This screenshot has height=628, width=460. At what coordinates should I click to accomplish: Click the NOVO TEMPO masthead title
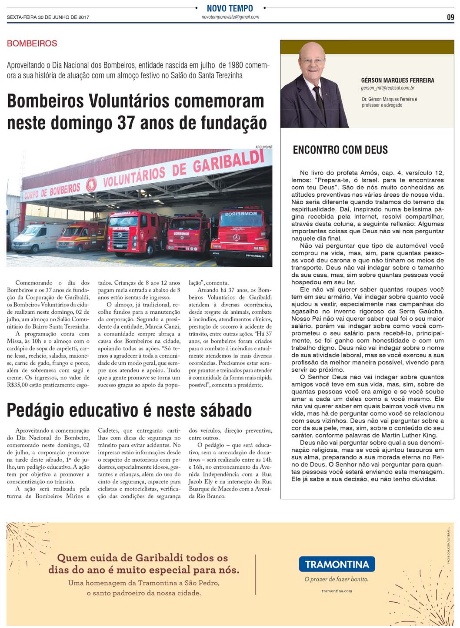click(x=230, y=8)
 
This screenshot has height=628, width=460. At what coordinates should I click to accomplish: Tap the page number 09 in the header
click(x=450, y=17)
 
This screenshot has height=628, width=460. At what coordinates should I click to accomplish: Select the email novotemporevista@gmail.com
click(x=230, y=17)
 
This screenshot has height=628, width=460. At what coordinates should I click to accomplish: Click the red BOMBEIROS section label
click(x=32, y=44)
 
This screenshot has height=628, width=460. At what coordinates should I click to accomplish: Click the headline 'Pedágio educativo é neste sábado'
click(x=129, y=410)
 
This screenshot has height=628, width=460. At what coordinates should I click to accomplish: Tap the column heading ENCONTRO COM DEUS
click(x=340, y=150)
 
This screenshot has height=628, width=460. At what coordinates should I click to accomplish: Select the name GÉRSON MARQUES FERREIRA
click(x=397, y=81)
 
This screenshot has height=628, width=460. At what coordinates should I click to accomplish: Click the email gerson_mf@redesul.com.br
click(x=387, y=88)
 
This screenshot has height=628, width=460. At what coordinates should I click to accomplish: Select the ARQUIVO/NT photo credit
click(x=264, y=147)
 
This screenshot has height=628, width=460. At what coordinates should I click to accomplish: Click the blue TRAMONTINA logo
click(x=337, y=564)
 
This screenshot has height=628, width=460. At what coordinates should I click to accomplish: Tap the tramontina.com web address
click(x=337, y=591)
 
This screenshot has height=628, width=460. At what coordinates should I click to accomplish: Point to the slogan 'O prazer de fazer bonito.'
click(x=337, y=579)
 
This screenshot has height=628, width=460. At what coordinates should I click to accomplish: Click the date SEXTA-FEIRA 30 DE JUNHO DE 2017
click(x=48, y=17)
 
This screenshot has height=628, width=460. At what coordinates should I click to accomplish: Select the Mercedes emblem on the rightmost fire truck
click(x=237, y=237)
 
